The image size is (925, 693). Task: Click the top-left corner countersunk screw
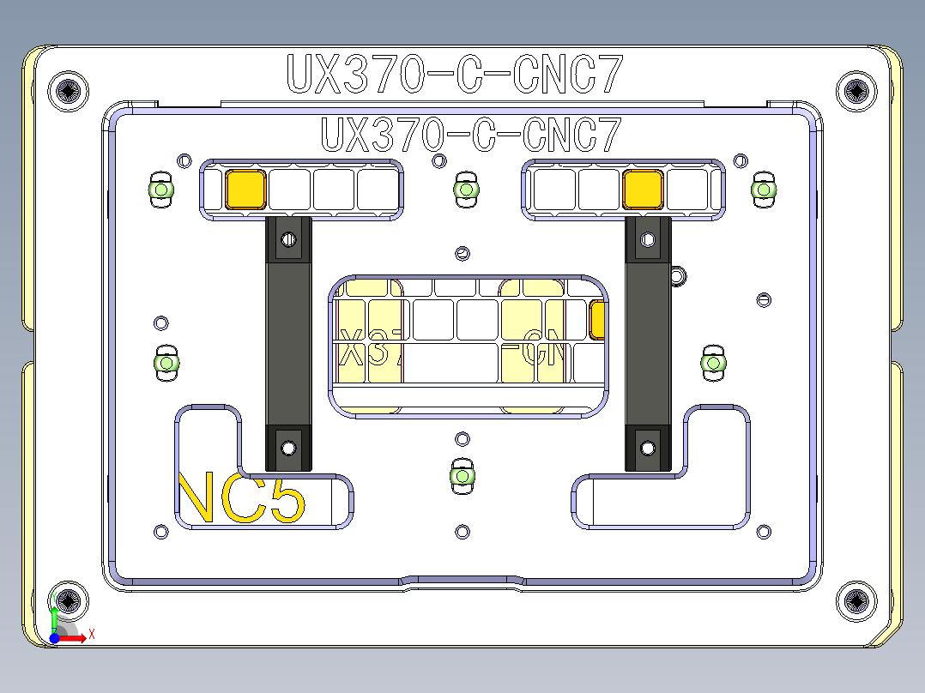[70, 90]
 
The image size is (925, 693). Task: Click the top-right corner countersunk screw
[855, 90]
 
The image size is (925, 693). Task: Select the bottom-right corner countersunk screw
[855, 601]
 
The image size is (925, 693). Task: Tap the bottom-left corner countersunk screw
[70, 601]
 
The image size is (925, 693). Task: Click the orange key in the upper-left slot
[245, 189]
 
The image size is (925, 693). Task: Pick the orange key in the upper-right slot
[644, 189]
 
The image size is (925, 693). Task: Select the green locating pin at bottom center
[462, 475]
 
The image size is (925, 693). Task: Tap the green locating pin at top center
[465, 190]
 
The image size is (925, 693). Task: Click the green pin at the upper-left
[160, 190]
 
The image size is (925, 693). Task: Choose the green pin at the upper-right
[763, 190]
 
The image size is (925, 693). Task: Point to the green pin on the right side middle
[713, 364]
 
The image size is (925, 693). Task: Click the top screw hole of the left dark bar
[289, 239]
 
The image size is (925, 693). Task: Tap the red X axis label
[92, 634]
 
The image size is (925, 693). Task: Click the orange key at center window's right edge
[598, 320]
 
